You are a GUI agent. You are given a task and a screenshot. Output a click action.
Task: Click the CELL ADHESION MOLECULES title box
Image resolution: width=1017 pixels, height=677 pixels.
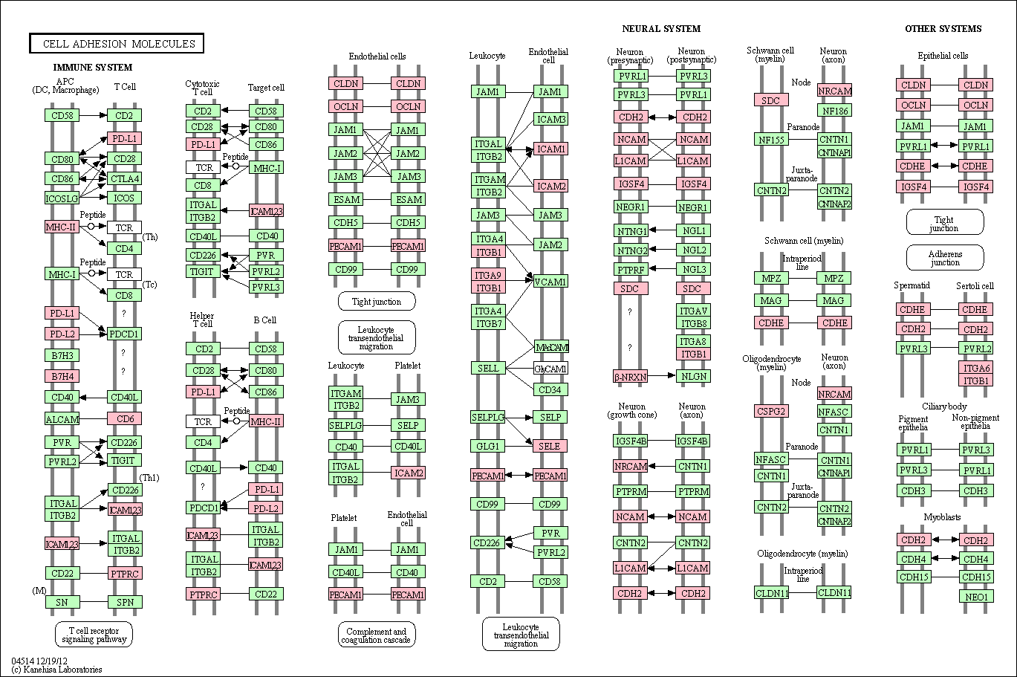[x=117, y=44]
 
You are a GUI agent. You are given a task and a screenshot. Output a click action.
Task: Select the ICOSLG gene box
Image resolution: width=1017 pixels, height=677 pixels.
[x=62, y=198]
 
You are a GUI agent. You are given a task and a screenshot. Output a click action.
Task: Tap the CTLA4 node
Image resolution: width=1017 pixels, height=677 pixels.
[x=124, y=178]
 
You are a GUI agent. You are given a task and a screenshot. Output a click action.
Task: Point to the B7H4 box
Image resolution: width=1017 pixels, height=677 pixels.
[x=62, y=376]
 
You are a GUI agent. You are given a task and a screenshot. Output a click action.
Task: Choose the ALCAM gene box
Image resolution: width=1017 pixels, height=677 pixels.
[x=62, y=419]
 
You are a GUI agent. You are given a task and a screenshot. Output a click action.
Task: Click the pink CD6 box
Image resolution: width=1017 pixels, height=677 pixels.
[x=124, y=419]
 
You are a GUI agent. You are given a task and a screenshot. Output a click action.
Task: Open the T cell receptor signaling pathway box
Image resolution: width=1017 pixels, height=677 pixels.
[x=94, y=634]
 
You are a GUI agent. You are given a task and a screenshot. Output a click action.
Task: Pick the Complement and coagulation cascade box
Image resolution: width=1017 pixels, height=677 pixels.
[x=377, y=635]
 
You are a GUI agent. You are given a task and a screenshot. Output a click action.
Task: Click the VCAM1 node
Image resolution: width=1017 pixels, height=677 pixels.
[x=550, y=282]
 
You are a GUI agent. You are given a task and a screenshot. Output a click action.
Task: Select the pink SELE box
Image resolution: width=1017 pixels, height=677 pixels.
[x=550, y=446]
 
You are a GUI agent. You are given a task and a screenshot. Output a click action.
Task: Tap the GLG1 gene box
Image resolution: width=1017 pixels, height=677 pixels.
[x=488, y=446]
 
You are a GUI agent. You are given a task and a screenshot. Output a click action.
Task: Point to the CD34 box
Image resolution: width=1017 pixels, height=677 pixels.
[x=550, y=389]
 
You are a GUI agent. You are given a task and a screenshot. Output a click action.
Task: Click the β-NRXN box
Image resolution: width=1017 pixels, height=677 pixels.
[x=631, y=377]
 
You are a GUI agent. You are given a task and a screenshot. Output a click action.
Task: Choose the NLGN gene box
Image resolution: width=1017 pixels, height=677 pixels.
[x=693, y=376]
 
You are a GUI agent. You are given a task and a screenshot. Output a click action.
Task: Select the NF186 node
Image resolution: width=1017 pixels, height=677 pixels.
[x=834, y=111]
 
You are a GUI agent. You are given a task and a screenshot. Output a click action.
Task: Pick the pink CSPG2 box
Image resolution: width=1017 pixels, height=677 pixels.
[x=771, y=411]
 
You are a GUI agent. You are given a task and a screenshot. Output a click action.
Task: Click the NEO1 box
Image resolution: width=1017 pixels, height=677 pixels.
[x=976, y=596]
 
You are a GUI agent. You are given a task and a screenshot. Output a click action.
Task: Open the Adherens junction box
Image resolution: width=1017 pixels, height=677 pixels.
[x=945, y=257]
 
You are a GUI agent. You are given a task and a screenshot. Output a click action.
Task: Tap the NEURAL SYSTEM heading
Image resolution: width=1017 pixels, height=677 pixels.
[x=661, y=29]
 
